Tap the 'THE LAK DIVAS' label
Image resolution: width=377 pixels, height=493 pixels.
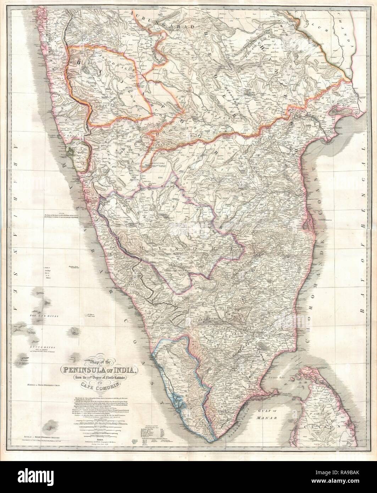(x=40, y=316)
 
